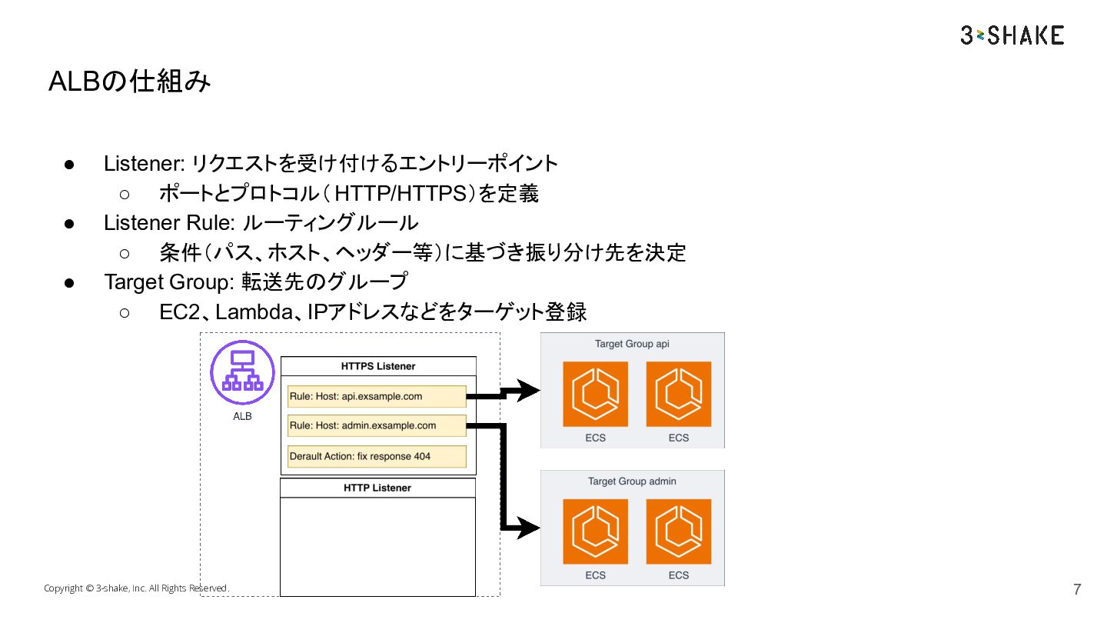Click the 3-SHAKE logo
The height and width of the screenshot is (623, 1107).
pos(1012,35)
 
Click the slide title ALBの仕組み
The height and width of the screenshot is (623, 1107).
pos(129,82)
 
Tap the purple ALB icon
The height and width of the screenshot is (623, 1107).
pos(242,372)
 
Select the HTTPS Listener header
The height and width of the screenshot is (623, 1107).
pos(378,366)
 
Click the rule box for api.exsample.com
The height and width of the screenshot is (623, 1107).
pos(377,396)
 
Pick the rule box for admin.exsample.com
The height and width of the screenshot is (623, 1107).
pos(377,425)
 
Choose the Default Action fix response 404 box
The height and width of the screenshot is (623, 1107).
pos(377,456)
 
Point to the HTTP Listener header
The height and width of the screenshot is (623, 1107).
pos(377,488)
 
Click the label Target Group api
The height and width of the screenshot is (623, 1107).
pos(632,344)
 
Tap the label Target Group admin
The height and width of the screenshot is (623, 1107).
pos(632,481)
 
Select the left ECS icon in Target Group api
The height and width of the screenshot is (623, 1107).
pos(595,394)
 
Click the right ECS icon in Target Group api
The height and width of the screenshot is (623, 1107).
pos(679,394)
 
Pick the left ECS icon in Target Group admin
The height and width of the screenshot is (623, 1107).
pos(595,531)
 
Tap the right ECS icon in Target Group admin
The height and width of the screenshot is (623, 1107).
pos(679,531)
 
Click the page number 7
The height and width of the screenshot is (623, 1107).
pos(1077,590)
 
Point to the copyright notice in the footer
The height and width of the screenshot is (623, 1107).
pos(136,588)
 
